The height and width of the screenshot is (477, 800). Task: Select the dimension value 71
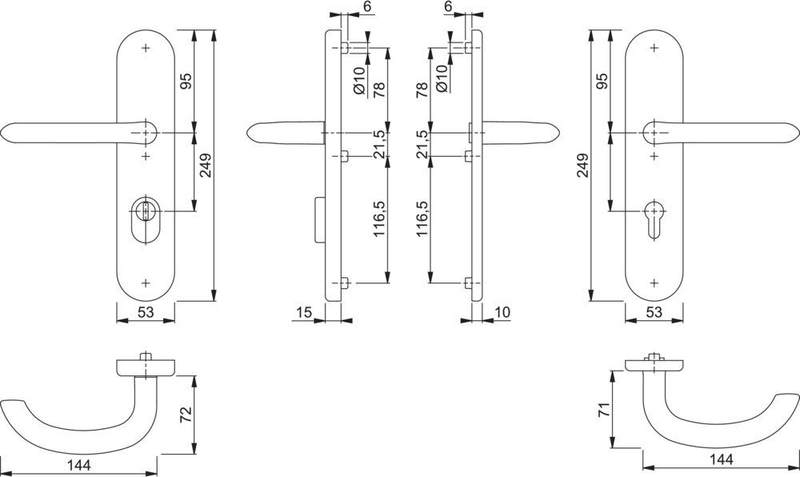click(x=605, y=411)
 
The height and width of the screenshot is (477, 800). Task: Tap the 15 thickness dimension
click(x=302, y=312)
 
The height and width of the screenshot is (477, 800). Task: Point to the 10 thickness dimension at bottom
click(x=502, y=312)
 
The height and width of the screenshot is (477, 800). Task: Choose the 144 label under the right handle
click(x=722, y=459)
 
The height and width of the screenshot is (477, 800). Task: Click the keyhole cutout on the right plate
click(x=654, y=217)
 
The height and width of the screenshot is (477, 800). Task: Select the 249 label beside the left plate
click(x=206, y=166)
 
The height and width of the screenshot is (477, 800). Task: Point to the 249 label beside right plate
click(x=582, y=165)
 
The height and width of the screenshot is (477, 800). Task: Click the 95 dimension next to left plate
click(x=185, y=82)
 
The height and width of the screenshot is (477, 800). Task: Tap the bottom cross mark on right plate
click(x=654, y=281)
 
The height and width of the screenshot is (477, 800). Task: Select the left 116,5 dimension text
click(x=380, y=218)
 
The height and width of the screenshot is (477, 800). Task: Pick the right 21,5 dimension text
click(x=422, y=145)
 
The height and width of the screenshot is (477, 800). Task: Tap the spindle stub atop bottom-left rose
click(x=145, y=355)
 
